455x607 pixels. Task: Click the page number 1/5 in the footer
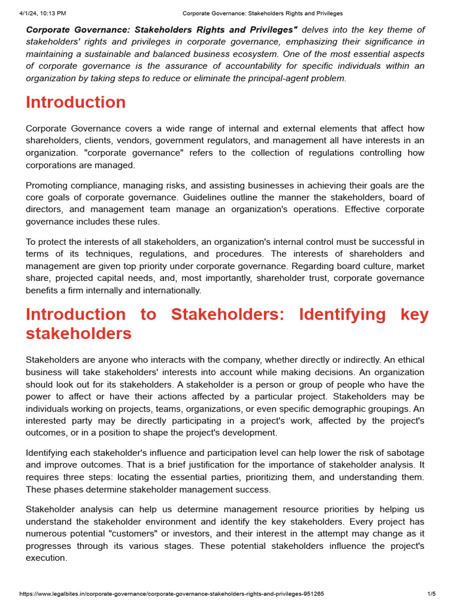431,594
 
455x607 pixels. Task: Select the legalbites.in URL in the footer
172,594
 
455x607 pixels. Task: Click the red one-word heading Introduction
76,102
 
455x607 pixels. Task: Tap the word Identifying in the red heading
342,314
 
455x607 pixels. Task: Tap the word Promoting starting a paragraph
48,186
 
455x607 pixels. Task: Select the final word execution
46,558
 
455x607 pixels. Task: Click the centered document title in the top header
262,13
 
